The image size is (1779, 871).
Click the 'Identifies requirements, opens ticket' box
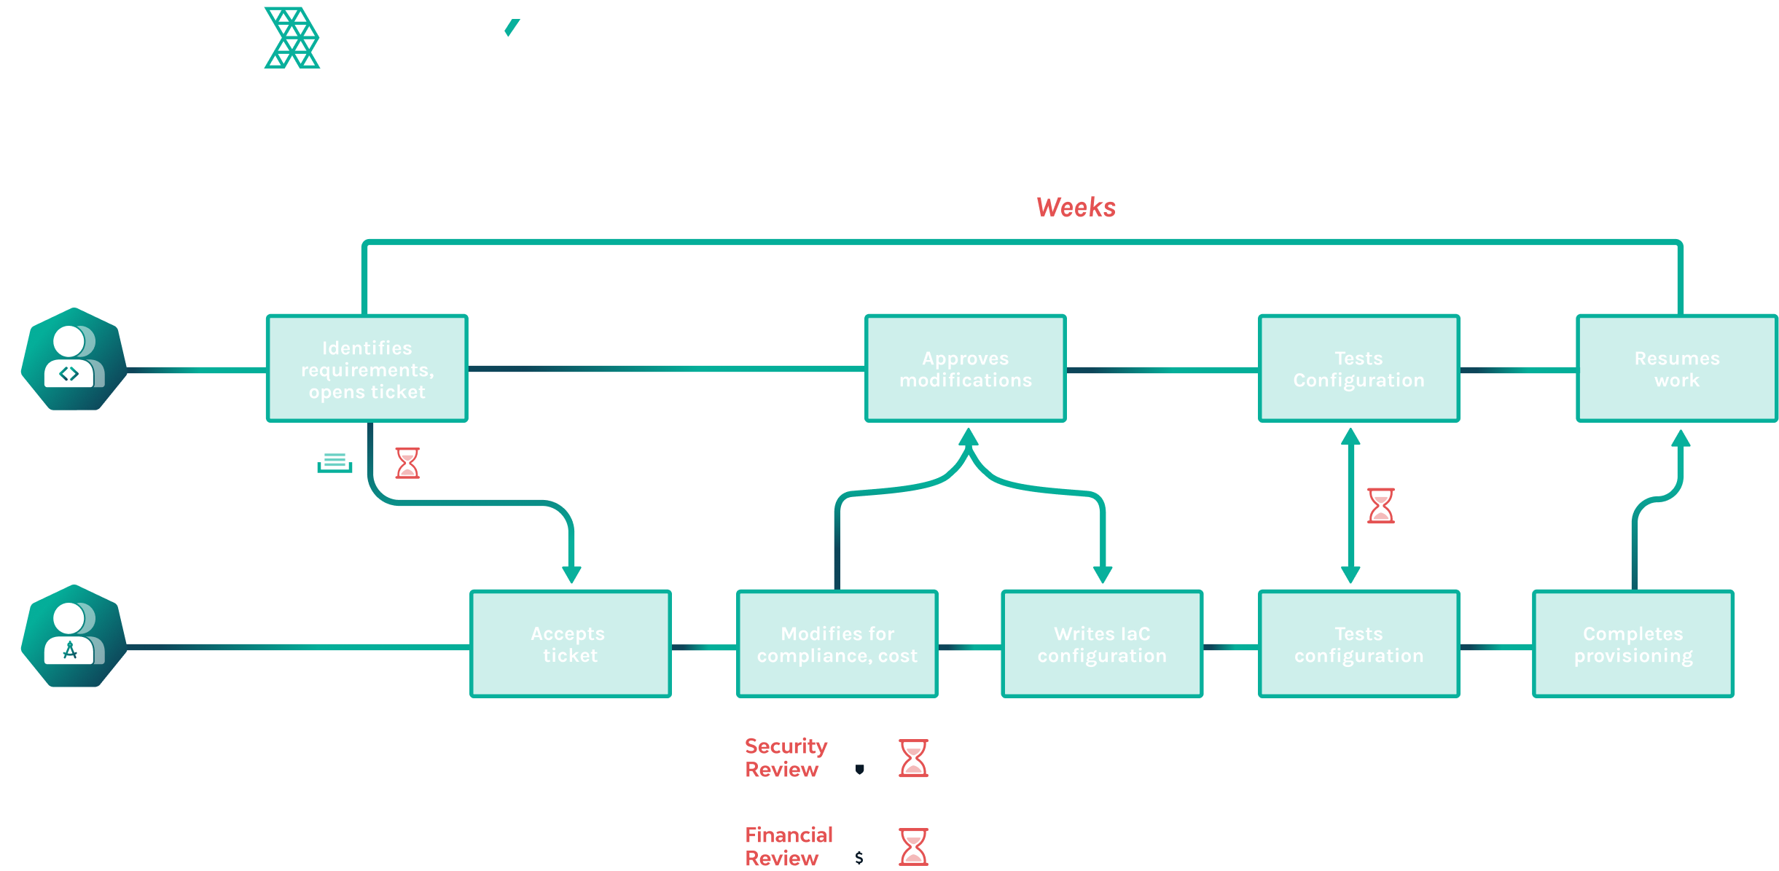coord(367,369)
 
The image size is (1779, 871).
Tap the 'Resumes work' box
coord(1676,369)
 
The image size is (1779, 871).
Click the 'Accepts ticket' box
coord(570,644)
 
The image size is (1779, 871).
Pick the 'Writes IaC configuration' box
coord(1101,644)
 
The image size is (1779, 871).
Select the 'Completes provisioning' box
coord(1633,644)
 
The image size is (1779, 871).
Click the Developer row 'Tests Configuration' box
coord(1358,369)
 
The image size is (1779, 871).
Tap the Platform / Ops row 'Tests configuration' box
coord(1358,644)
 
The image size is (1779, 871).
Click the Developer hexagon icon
coord(74,360)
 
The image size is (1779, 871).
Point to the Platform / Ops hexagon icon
coord(74,636)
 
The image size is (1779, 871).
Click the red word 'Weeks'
coord(1076,208)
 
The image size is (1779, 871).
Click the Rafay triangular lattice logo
coord(292,38)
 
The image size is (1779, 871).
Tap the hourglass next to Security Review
coord(913,758)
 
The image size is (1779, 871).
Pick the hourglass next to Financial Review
coord(913,847)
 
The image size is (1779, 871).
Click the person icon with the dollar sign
coord(863,845)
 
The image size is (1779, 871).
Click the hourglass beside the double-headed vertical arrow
coord(1380,506)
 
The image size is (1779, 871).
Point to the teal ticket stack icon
coord(335,463)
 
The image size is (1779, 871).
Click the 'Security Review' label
coord(785,758)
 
